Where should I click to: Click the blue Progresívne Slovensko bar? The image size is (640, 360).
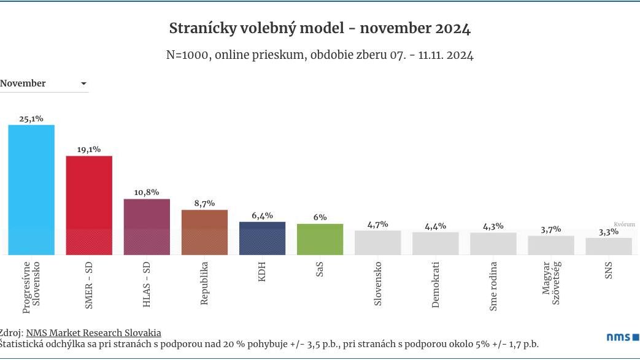[31, 190]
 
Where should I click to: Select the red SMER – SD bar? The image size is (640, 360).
[89, 205]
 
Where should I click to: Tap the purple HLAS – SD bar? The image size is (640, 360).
[147, 226]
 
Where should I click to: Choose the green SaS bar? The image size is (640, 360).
[320, 239]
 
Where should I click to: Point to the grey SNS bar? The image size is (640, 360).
[608, 246]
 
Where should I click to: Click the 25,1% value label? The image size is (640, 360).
[31, 118]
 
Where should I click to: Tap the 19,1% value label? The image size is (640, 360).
[89, 149]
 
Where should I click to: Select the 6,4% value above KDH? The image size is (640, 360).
[262, 215]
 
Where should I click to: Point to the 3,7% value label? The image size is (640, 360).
[550, 229]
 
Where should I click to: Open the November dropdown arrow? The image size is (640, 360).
[83, 84]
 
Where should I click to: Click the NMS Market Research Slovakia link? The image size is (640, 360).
[93, 332]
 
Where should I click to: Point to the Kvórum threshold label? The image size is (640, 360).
[624, 224]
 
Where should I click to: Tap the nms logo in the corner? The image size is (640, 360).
[622, 337]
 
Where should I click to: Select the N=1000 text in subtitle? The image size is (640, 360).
[188, 55]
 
